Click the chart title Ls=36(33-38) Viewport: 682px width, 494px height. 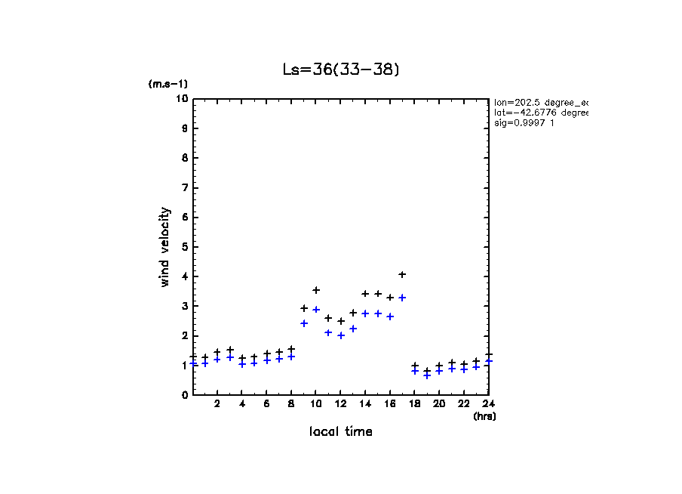tap(340, 69)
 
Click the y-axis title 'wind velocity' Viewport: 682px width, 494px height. tap(164, 247)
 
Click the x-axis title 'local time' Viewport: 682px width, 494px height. tap(340, 432)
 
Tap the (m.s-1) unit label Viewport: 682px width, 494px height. tap(167, 84)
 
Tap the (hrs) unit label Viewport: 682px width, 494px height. tap(484, 416)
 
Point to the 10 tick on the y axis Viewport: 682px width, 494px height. tap(182, 99)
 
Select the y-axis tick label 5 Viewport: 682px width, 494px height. tap(184, 247)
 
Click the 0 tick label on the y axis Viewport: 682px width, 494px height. tap(184, 395)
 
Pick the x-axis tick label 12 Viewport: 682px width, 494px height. tap(340, 404)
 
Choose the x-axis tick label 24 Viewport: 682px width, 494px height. tap(488, 404)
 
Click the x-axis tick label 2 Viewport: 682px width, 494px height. tap(217, 404)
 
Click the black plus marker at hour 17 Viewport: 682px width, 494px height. tap(402, 274)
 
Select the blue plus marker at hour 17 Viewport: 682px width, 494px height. tap(402, 298)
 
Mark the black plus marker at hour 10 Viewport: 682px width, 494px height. tap(316, 290)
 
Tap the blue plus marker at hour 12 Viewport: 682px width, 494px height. tap(340, 335)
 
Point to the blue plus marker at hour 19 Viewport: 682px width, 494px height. tap(427, 375)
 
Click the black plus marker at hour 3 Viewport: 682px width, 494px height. tap(230, 350)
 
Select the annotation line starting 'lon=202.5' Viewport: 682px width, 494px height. tap(540, 101)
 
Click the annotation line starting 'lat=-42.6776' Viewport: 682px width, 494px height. tap(540, 112)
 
